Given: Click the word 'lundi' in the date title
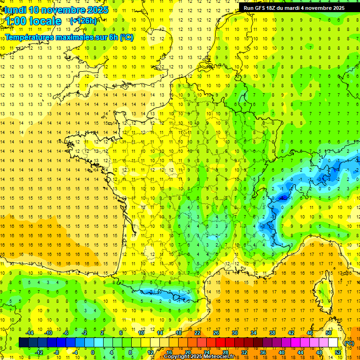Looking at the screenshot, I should click(15, 10).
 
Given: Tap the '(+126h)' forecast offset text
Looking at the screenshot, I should click(83, 21).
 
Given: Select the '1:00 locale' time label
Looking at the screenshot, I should click(33, 21).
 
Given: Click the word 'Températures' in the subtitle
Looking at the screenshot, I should click(28, 37).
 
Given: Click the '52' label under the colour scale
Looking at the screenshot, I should click(338, 352).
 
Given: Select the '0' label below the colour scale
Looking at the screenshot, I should click(93, 352).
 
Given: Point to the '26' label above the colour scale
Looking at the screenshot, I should click(216, 333).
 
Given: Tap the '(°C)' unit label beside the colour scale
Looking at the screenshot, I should click(349, 343).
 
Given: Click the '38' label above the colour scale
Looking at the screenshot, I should click(272, 333).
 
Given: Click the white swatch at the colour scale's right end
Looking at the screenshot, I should click(333, 343).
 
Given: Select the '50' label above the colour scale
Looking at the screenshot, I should click(329, 333).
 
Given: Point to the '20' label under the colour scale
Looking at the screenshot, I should click(188, 352).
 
